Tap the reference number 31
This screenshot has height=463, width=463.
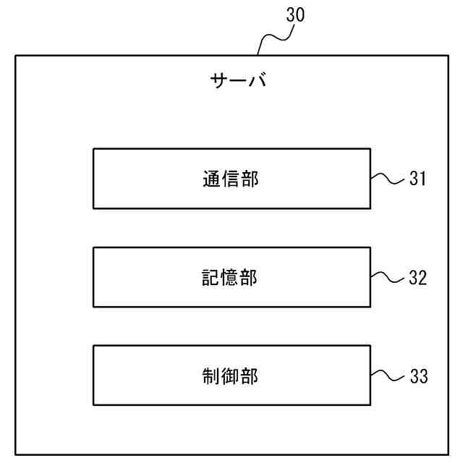[x=418, y=178]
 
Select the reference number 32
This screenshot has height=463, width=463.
[x=418, y=277]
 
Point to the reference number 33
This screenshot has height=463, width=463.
[x=418, y=376]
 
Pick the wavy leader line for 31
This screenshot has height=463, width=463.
[x=387, y=178]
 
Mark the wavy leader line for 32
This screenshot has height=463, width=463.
[x=387, y=277]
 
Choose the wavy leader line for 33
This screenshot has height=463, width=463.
[x=387, y=375]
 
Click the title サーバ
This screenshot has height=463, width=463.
[x=238, y=80]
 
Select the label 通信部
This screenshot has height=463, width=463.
[x=231, y=179]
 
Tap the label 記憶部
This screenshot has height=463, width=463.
[x=231, y=278]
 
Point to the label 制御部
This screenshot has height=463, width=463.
[x=231, y=376]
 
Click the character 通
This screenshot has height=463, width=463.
[x=212, y=179]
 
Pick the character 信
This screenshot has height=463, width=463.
[x=231, y=179]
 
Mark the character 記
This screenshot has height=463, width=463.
[x=212, y=278]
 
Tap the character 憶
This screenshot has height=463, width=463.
[x=231, y=278]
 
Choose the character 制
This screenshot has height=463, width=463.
[x=212, y=376]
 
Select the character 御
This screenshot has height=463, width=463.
[x=231, y=376]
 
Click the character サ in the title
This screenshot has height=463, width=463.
[x=219, y=80]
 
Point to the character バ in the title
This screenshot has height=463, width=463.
[x=257, y=80]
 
